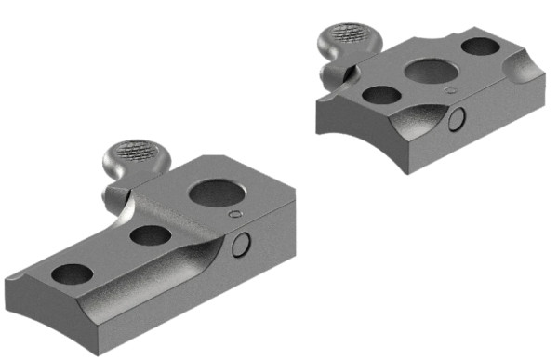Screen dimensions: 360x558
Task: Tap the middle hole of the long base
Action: pyautogui.click(x=149, y=235)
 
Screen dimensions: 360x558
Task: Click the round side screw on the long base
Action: pyautogui.click(x=242, y=245)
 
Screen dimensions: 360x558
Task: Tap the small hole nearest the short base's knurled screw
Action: pyautogui.click(x=379, y=94)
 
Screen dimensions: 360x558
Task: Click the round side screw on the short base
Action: pyautogui.click(x=458, y=119)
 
